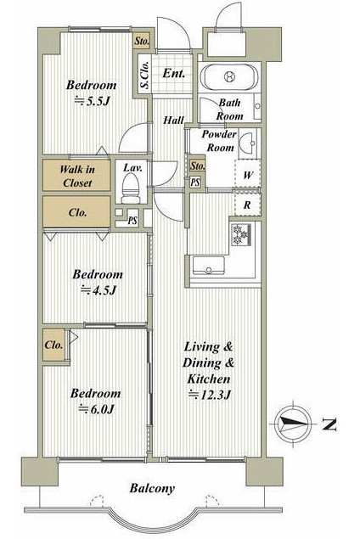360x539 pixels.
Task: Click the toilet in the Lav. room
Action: [131, 188]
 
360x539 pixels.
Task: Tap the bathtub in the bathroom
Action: [229, 76]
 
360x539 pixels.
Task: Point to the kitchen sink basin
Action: [208, 266]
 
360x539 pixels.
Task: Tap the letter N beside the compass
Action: [329, 425]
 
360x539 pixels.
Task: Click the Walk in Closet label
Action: [77, 176]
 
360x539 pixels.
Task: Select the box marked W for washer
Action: [247, 174]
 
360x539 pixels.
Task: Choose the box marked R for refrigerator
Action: [247, 205]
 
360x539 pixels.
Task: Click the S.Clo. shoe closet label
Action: [145, 75]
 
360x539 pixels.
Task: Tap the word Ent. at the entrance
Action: [174, 73]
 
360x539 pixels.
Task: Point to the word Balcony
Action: [152, 488]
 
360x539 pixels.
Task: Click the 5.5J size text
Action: [92, 101]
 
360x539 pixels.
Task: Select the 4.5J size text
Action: [98, 290]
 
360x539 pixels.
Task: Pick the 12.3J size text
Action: [209, 395]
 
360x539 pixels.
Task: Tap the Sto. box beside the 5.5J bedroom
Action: [142, 41]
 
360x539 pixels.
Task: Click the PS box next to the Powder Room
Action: [195, 182]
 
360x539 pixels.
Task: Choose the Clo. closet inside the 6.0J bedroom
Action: [54, 345]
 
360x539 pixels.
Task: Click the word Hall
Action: [174, 121]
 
